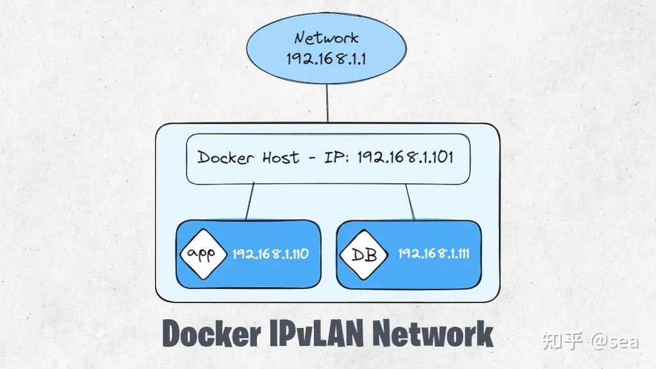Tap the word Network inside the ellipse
click(327, 38)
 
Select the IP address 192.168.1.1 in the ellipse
click(327, 59)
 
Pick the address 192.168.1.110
click(270, 254)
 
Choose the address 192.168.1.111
click(433, 254)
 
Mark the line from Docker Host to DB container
click(410, 201)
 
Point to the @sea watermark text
click(614, 340)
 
